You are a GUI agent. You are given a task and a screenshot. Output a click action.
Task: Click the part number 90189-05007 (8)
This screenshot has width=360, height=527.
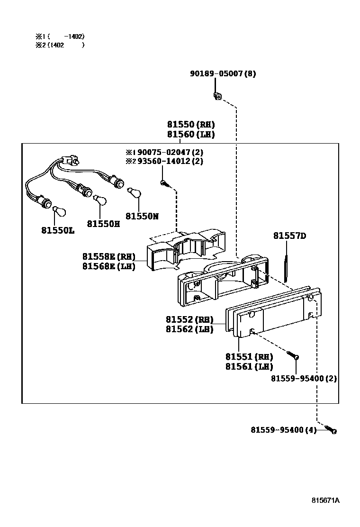pos(223,74)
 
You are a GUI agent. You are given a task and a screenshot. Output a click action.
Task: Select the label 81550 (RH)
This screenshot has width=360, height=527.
pos(190,125)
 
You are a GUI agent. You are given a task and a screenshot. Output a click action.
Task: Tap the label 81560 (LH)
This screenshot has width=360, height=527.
pos(190,135)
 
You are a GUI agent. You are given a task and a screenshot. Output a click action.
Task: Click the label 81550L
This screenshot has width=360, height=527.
pos(58,230)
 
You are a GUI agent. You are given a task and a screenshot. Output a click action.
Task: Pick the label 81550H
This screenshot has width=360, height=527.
pos(103,223)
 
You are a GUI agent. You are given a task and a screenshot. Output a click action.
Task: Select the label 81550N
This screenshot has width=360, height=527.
pos(142,216)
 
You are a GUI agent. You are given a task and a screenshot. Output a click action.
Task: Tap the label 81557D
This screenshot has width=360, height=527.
pos(289,236)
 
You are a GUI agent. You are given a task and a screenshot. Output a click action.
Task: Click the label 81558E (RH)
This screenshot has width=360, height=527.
pos(108,256)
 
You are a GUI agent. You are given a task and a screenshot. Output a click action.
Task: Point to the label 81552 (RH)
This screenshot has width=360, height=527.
pos(189,319)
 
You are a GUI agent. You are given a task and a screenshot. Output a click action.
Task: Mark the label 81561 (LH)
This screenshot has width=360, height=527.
pos(249,366)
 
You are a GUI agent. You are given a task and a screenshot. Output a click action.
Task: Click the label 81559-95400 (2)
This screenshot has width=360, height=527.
pos(304,379)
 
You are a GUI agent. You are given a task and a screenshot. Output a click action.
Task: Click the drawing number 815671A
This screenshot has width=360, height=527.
pos(325,500)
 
